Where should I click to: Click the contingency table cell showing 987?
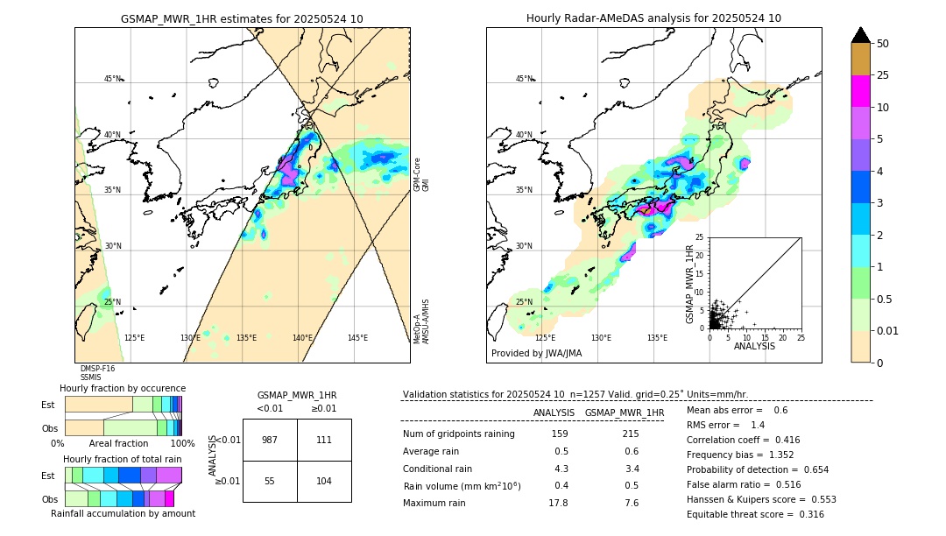[x=270, y=440]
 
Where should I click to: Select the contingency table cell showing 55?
[x=270, y=482]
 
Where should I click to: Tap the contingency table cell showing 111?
[x=324, y=440]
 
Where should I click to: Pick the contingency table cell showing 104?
[x=324, y=482]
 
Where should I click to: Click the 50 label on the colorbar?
[x=883, y=44]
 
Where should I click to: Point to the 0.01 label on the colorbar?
[x=888, y=331]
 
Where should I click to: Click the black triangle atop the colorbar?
[x=861, y=35]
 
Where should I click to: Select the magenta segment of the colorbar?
[x=861, y=91]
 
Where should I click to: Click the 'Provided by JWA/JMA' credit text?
[x=536, y=354]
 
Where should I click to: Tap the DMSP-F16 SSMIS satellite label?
[x=97, y=373]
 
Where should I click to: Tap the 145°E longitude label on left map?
[x=357, y=338]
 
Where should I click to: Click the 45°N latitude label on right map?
[x=524, y=79]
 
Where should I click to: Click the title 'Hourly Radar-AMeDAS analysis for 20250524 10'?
[x=653, y=18]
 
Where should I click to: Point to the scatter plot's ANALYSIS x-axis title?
[x=754, y=346]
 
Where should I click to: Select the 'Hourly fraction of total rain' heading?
[x=123, y=459]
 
